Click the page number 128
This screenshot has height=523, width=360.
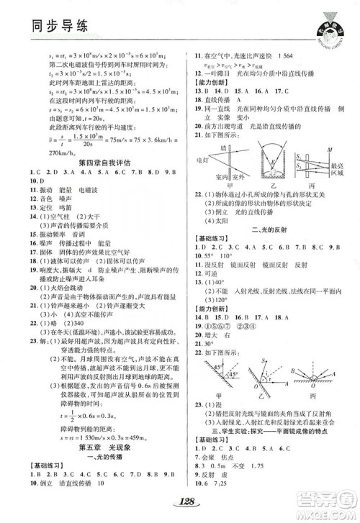pos(180,500)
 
